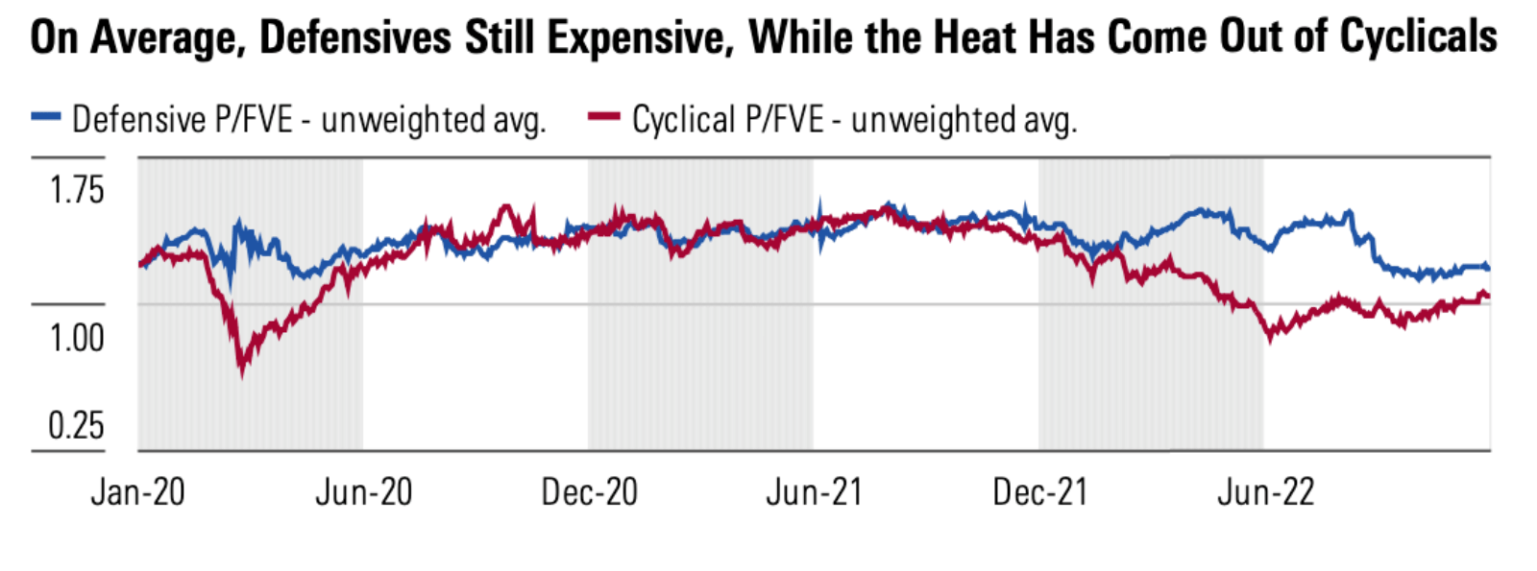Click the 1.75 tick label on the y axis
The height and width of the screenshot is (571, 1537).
coord(76,190)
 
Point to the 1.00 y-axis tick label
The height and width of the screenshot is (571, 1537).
coord(76,338)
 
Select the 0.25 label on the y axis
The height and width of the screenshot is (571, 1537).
coord(76,425)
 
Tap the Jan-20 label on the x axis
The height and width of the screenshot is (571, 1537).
coord(137,492)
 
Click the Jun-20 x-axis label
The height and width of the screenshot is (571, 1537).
coord(363,492)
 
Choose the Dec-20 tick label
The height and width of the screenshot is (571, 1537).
coord(589,492)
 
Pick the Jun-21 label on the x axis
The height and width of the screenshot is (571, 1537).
coord(814,492)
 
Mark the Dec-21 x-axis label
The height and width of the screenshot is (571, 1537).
coord(1039,492)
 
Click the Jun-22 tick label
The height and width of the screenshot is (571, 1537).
coord(1265,492)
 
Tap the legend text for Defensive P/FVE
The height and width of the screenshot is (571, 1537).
coord(308,120)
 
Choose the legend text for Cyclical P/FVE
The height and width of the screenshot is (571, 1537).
coord(854,120)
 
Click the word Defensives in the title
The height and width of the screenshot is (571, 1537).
coord(355,38)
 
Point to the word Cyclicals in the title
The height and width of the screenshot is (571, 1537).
coord(1418,38)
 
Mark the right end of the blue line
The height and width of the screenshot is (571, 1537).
coord(1488,267)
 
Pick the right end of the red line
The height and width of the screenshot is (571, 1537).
coord(1488,296)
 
